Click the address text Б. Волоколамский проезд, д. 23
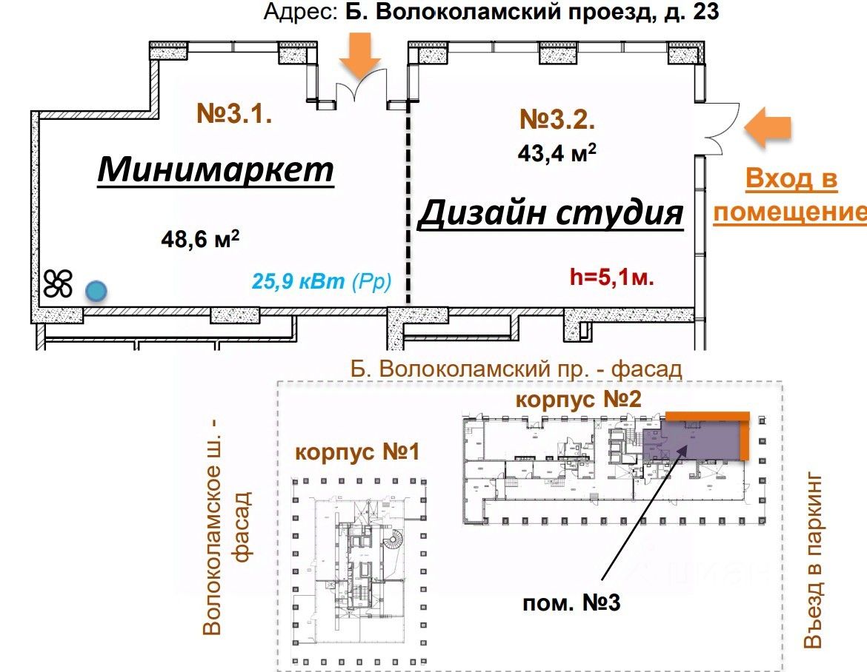[x=532, y=13]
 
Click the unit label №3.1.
[x=236, y=114]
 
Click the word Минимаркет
[x=216, y=169]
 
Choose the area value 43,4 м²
[x=557, y=153]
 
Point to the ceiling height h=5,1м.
[x=612, y=278]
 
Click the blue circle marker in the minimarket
[x=94, y=291]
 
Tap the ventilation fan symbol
[x=58, y=283]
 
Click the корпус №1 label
[x=357, y=452]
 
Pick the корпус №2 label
[x=578, y=400]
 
